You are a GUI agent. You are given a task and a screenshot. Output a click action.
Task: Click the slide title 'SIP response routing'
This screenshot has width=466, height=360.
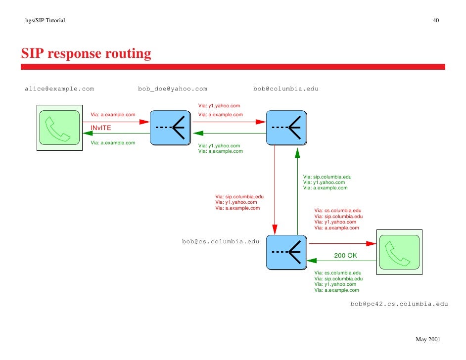click(86, 53)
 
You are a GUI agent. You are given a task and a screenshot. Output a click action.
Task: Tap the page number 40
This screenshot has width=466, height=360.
click(436, 20)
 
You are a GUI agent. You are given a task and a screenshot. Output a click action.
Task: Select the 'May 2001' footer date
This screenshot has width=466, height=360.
click(427, 340)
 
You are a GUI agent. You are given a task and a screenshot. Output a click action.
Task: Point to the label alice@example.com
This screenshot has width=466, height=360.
click(59, 89)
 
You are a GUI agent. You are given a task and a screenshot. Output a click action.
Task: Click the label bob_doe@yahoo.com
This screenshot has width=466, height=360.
click(173, 89)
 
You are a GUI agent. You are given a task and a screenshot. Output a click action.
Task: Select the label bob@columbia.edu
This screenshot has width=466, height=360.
click(286, 89)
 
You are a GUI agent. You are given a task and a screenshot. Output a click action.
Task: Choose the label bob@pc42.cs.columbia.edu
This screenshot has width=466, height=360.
click(399, 304)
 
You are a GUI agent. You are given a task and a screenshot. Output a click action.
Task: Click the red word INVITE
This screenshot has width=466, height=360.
click(100, 128)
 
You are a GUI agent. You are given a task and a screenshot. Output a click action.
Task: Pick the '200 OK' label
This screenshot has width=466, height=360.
click(345, 256)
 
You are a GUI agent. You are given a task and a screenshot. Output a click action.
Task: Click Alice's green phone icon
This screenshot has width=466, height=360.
click(59, 127)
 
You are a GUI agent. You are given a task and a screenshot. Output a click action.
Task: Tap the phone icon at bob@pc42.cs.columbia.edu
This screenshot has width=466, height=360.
click(399, 252)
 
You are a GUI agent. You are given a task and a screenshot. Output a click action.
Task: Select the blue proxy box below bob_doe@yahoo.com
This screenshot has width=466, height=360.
click(170, 127)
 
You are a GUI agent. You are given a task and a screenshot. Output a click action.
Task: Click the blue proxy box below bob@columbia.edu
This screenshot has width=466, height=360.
click(286, 127)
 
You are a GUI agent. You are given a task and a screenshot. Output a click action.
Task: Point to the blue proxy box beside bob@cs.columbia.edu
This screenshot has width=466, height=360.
click(286, 252)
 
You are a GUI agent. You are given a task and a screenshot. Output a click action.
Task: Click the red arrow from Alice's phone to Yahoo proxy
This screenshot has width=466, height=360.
click(119, 121)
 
